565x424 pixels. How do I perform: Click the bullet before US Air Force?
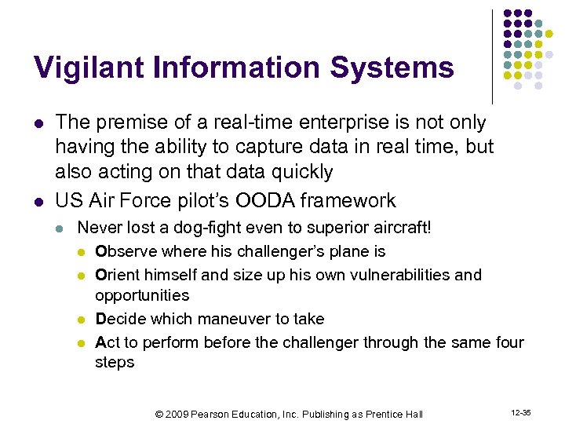[x=38, y=201]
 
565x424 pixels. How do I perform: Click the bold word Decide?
[x=120, y=319]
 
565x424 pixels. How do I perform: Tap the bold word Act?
[x=106, y=342]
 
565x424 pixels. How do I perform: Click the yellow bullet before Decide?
[x=82, y=320]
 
